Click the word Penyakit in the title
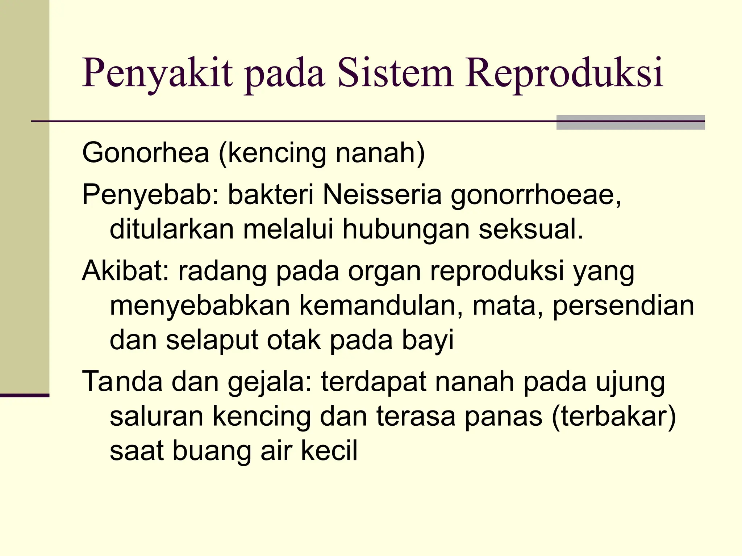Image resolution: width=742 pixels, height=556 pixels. (x=158, y=74)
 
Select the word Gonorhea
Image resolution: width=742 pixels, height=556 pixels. (x=146, y=153)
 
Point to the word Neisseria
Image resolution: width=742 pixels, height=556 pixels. (x=382, y=195)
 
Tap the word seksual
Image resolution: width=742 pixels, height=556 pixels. (x=531, y=229)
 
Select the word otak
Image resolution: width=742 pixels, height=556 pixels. (x=294, y=340)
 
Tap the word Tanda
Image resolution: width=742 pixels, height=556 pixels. (x=122, y=382)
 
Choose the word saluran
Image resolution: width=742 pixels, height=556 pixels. (x=157, y=417)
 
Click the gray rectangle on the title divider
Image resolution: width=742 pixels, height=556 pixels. (x=630, y=122)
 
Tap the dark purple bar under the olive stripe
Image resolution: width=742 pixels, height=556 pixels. (x=24, y=395)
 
